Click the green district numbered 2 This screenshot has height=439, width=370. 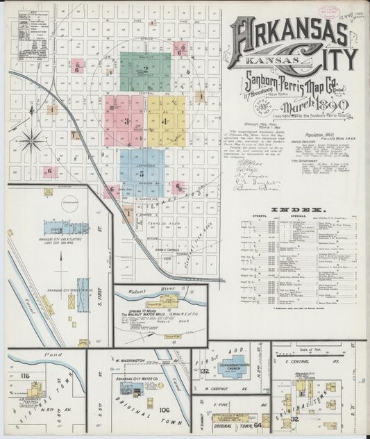click(145, 71)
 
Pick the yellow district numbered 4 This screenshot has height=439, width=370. click(165, 121)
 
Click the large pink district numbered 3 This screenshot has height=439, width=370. click(124, 121)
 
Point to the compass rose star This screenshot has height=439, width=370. click(31, 142)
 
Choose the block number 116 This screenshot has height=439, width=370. click(26, 376)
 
